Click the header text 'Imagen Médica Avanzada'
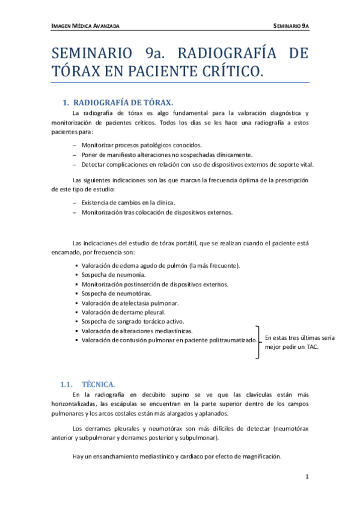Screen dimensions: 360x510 [85, 26]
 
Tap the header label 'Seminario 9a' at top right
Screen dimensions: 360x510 [291, 26]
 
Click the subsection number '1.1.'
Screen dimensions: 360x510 [67, 384]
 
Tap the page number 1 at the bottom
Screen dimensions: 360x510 [307, 477]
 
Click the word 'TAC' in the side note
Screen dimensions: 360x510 [313, 347]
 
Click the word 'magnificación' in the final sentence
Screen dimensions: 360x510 [261, 456]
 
